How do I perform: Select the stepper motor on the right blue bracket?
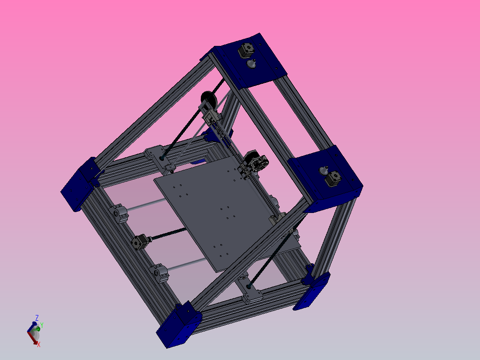(334, 179)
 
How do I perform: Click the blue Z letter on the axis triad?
(37, 318)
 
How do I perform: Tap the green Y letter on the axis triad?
(42, 325)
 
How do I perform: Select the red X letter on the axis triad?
(39, 344)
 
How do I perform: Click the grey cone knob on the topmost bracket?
(252, 64)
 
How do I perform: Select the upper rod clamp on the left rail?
(121, 213)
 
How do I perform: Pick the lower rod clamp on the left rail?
(159, 272)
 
